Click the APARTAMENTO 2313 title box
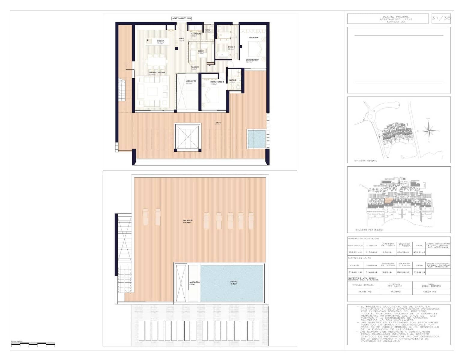pos(181,18)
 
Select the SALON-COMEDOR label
pos(156,73)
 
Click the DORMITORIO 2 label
pos(217,82)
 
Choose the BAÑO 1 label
pos(231,47)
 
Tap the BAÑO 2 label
pos(233,80)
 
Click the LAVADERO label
pos(196,34)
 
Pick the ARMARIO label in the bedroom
pos(253,38)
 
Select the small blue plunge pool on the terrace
pos(256,139)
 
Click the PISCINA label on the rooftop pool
pos(234,282)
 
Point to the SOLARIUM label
pos(188,221)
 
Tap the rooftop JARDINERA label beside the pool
pos(195,283)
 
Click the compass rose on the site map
pos(428,130)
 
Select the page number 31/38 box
pos(441,18)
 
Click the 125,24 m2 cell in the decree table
pos(431,292)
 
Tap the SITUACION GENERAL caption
pos(366,161)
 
